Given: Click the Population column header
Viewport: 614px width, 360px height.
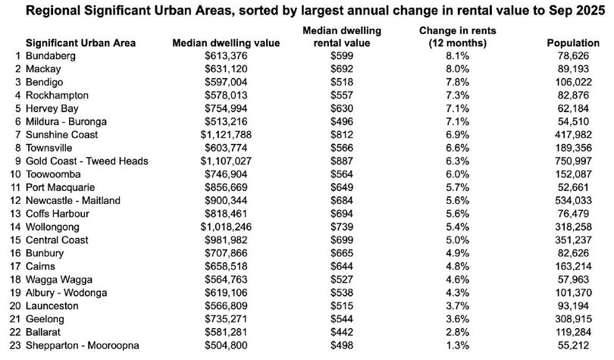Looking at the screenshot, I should (572, 43).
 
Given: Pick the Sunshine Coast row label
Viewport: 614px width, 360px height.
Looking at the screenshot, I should (61, 134).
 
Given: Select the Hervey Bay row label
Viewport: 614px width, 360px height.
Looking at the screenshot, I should (52, 108).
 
